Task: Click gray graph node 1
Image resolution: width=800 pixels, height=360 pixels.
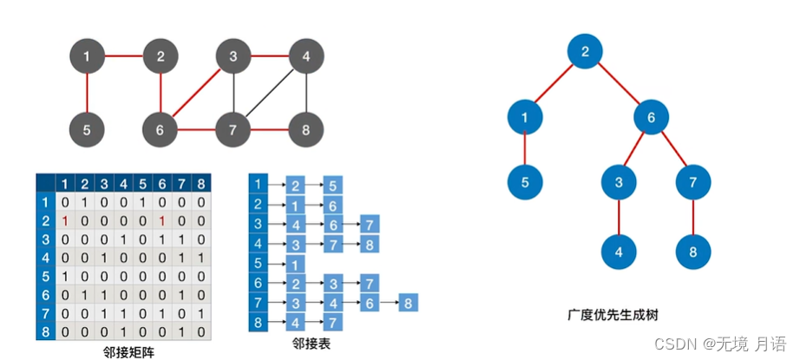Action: (87, 57)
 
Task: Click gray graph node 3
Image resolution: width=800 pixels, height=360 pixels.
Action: (233, 57)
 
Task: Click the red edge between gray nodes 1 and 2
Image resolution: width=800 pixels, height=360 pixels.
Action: (123, 57)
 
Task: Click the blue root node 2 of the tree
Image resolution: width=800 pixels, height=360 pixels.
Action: (586, 51)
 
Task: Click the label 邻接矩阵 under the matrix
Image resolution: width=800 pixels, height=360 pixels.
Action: (128, 352)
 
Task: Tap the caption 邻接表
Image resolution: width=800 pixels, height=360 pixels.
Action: (312, 344)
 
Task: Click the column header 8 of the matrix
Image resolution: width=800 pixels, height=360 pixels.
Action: (201, 183)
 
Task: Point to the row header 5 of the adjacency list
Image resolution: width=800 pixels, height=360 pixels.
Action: (258, 264)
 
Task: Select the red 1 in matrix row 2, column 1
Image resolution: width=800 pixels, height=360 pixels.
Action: (64, 220)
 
